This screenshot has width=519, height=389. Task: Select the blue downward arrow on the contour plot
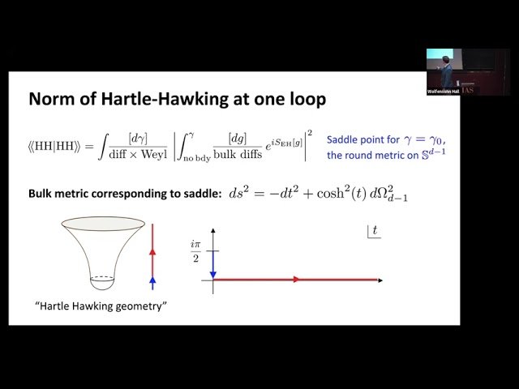coord(213,263)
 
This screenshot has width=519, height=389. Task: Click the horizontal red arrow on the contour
coord(296,280)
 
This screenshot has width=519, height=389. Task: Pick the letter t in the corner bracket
coord(375,232)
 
